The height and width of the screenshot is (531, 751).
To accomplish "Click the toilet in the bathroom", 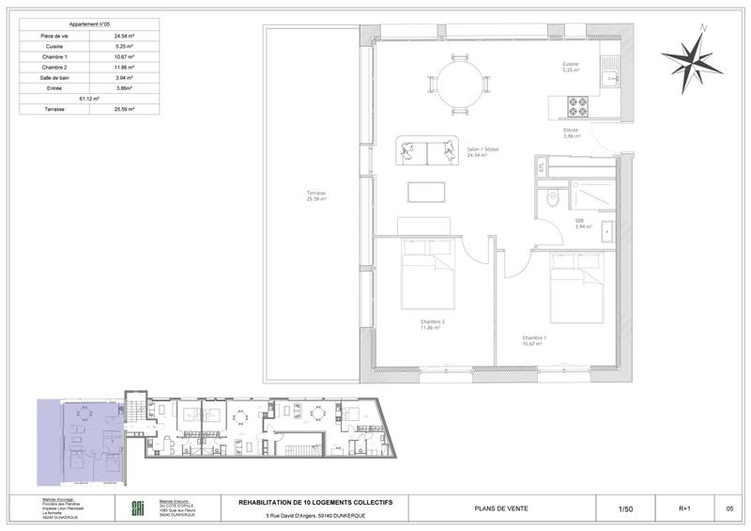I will [x=553, y=198].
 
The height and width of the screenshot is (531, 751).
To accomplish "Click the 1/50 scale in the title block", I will [x=626, y=508].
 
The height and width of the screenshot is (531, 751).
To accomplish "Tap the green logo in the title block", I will [x=136, y=508].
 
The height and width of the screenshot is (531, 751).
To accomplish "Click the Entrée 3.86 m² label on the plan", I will [x=572, y=133].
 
